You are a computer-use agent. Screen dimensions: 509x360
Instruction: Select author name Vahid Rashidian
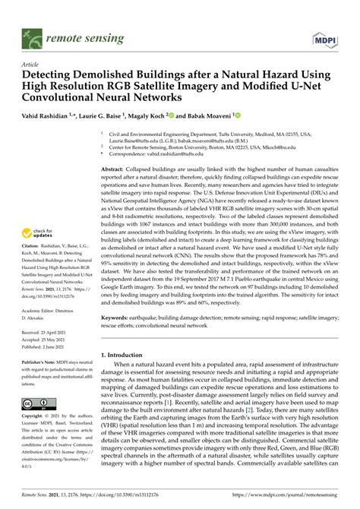point(51,115)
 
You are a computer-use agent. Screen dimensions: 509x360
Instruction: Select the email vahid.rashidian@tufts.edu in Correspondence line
point(199,153)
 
